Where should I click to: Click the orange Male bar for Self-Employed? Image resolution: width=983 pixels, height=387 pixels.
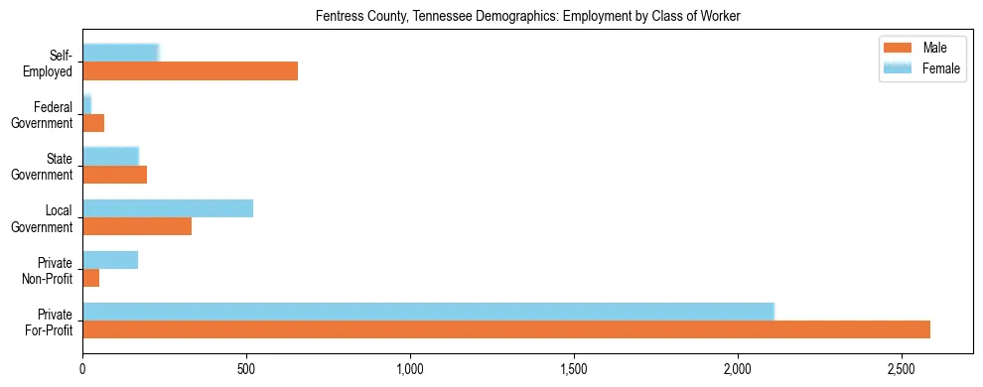click(190, 71)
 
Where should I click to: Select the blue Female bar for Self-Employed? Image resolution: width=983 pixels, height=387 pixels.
click(120, 54)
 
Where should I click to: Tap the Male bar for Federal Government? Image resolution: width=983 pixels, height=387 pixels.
click(93, 123)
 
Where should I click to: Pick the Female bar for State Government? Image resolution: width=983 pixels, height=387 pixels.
click(110, 156)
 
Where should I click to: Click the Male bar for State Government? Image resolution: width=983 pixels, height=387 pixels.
click(114, 175)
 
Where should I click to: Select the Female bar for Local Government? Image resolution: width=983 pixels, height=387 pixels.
click(168, 208)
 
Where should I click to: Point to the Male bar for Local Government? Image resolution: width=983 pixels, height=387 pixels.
click(137, 226)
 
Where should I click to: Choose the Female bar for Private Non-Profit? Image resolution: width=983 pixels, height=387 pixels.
click(110, 260)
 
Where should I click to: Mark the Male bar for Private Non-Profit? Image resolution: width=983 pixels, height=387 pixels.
click(90, 278)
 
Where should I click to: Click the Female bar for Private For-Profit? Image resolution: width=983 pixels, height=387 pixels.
click(428, 312)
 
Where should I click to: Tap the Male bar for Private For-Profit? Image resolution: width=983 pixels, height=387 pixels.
click(506, 329)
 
